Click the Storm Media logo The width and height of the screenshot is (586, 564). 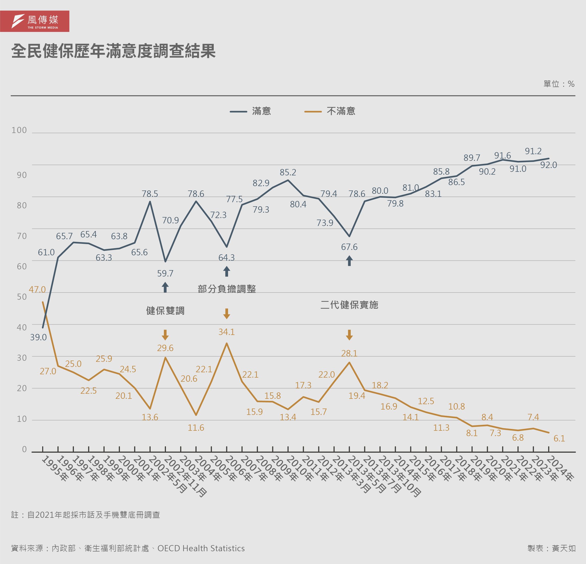click(x=35, y=21)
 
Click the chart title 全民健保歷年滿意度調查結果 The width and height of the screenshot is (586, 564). click(x=113, y=51)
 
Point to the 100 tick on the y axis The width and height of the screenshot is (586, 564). click(x=19, y=130)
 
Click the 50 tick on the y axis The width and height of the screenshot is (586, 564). click(x=22, y=297)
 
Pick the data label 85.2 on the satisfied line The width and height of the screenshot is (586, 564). click(x=288, y=172)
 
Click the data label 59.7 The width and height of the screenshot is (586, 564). click(x=165, y=273)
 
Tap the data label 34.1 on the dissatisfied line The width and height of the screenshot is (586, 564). click(x=227, y=332)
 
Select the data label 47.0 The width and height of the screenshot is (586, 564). click(x=37, y=289)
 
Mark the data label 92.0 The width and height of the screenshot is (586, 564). click(x=549, y=165)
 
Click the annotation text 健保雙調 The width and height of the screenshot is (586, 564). click(x=165, y=311)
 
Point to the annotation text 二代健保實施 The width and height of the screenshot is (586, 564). click(x=349, y=305)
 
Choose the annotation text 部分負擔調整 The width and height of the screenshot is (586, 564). click(x=227, y=289)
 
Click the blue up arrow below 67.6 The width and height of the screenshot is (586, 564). click(x=349, y=260)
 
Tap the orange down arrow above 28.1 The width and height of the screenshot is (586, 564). click(x=349, y=335)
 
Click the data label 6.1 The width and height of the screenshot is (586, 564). click(x=559, y=438)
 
